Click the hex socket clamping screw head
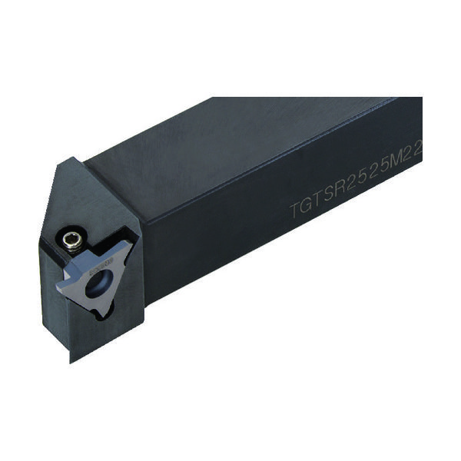pyautogui.click(x=72, y=240)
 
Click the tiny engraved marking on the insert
pyautogui.click(x=100, y=268)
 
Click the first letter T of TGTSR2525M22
pyautogui.click(x=294, y=207)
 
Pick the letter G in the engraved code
pyautogui.click(x=307, y=203)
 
